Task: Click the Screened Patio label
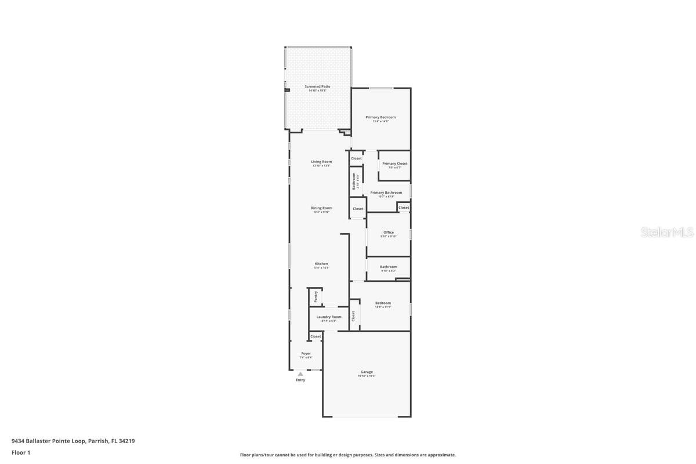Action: (x=317, y=86)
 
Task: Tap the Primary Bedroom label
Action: (x=380, y=117)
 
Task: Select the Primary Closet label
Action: (x=394, y=164)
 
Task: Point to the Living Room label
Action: (x=321, y=162)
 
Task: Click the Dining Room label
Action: (x=321, y=208)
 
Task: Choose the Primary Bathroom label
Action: (x=386, y=193)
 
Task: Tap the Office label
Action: (x=389, y=233)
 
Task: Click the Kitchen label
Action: (x=321, y=264)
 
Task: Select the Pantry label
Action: (x=316, y=296)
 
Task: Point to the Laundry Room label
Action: (x=329, y=317)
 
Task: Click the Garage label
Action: (x=367, y=372)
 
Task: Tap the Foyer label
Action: (x=306, y=353)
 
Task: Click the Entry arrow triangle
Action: (x=300, y=374)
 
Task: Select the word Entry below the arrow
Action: (x=300, y=380)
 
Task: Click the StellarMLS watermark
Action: (x=667, y=233)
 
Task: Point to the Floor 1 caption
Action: (x=20, y=452)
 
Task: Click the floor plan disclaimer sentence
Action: (x=347, y=455)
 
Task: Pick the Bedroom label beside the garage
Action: (x=383, y=303)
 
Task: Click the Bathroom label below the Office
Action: (x=389, y=267)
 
